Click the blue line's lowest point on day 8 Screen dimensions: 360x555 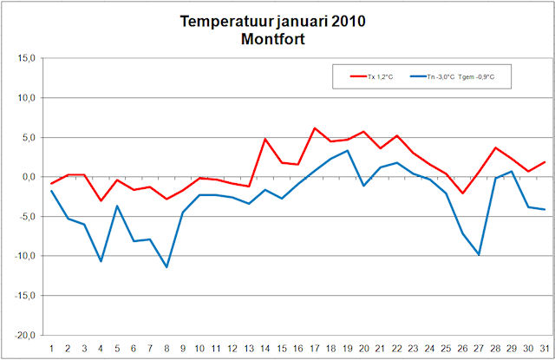[166, 267]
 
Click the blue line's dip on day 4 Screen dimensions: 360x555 [101, 261]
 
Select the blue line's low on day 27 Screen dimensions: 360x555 [479, 255]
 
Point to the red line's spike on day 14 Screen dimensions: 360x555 [265, 139]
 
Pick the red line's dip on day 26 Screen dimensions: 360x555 [462, 193]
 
